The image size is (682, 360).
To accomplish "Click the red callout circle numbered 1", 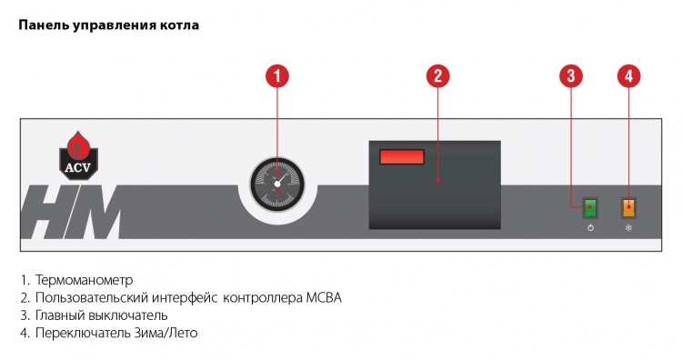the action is (x=277, y=76).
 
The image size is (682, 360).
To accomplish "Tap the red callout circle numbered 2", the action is (x=438, y=76).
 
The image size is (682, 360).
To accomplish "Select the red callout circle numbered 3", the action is (x=571, y=76).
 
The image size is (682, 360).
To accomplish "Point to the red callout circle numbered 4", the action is (x=629, y=76).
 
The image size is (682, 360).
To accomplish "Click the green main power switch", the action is (x=590, y=208).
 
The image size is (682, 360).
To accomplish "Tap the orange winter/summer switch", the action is (x=628, y=208).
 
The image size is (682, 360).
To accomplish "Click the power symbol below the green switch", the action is (x=590, y=228).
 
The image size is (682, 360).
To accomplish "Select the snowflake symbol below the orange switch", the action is (x=628, y=228).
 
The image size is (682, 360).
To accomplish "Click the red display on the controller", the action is (x=402, y=156).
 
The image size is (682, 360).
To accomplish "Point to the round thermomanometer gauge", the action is (x=277, y=185).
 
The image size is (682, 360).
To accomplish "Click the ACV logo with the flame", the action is (x=78, y=155).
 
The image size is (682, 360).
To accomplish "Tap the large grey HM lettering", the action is (x=71, y=212).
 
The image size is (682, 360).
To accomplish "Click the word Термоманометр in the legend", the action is (x=84, y=280).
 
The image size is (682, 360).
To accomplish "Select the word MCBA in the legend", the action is (x=324, y=298).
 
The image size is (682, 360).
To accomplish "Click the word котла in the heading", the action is (x=181, y=25).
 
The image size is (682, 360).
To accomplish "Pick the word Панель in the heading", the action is (x=44, y=25).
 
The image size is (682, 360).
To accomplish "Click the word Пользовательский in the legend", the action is (x=92, y=298).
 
